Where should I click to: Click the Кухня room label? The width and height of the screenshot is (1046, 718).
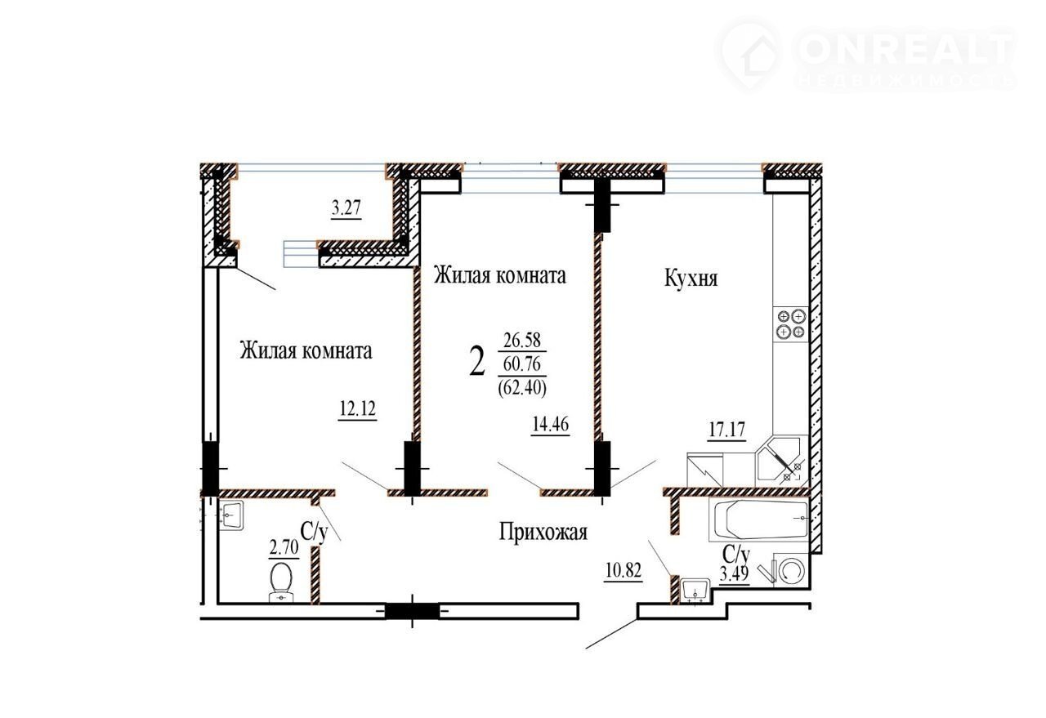pyautogui.click(x=691, y=279)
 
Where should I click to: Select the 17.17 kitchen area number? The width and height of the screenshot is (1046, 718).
pyautogui.click(x=726, y=430)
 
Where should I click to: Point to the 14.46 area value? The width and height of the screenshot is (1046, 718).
pyautogui.click(x=551, y=425)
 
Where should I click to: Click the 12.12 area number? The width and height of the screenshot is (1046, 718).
pyautogui.click(x=357, y=409)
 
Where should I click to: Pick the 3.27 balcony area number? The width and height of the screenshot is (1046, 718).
pyautogui.click(x=346, y=208)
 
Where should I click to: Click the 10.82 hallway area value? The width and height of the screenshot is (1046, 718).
pyautogui.click(x=623, y=570)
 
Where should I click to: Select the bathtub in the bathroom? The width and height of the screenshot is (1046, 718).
pyautogui.click(x=759, y=520)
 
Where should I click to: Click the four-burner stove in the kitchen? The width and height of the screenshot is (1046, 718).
pyautogui.click(x=790, y=324)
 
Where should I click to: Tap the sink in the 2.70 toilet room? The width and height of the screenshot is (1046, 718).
pyautogui.click(x=231, y=516)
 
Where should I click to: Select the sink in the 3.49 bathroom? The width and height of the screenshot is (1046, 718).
pyautogui.click(x=695, y=590)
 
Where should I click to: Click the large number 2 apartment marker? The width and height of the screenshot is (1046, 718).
pyautogui.click(x=476, y=363)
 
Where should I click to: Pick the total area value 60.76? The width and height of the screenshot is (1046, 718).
pyautogui.click(x=522, y=364)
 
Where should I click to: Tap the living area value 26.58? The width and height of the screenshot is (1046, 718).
pyautogui.click(x=522, y=340)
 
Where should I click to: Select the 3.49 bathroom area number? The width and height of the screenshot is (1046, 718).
pyautogui.click(x=735, y=573)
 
